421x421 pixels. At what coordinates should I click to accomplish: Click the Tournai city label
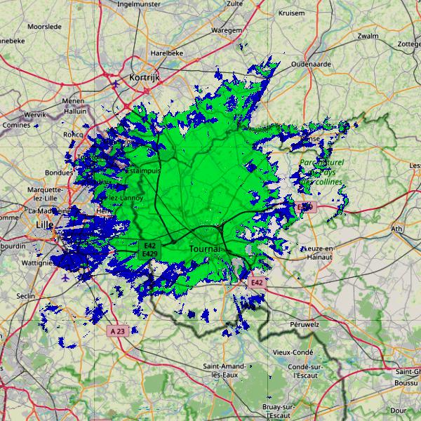[205, 249]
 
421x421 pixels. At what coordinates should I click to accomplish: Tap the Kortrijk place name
[145, 77]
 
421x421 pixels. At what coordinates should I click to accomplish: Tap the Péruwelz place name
[305, 325]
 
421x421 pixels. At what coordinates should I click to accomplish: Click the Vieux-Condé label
[293, 352]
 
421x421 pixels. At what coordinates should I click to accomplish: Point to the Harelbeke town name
[166, 53]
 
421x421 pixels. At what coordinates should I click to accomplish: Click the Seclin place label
[25, 296]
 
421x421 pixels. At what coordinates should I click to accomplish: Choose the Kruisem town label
[292, 13]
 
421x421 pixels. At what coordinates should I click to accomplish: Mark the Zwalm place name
[368, 36]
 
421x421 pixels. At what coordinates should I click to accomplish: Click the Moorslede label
[44, 27]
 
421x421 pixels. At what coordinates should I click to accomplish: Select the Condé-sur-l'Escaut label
[305, 370]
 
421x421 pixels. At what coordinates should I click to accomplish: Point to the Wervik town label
[34, 114]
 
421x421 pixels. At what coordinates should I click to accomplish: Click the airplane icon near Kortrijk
[116, 84]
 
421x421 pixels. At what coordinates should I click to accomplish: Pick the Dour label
[399, 410]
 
